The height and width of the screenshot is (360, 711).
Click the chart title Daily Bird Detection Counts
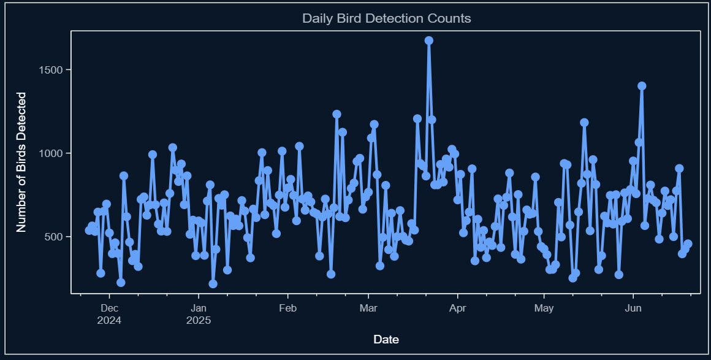[x=386, y=18]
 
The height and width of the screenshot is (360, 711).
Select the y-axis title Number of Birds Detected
[x=21, y=162]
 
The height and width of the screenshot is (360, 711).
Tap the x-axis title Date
[x=386, y=339]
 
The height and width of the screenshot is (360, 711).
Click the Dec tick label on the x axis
[x=109, y=308]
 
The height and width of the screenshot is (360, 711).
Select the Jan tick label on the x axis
[x=199, y=308]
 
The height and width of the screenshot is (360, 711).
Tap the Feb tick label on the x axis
[x=287, y=308]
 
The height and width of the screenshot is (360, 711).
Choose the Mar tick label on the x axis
[x=368, y=308]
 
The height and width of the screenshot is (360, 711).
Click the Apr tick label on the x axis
[x=457, y=308]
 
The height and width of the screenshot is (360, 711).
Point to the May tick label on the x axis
[x=544, y=308]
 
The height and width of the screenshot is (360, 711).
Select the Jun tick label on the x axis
[x=633, y=308]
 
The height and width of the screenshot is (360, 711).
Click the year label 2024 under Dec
[x=109, y=320]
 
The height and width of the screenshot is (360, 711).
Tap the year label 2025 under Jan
[x=199, y=320]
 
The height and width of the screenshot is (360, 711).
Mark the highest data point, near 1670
[x=429, y=40]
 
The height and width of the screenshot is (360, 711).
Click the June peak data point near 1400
[x=642, y=86]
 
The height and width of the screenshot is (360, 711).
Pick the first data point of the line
[x=89, y=231]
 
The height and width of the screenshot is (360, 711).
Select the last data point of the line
[x=688, y=244]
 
